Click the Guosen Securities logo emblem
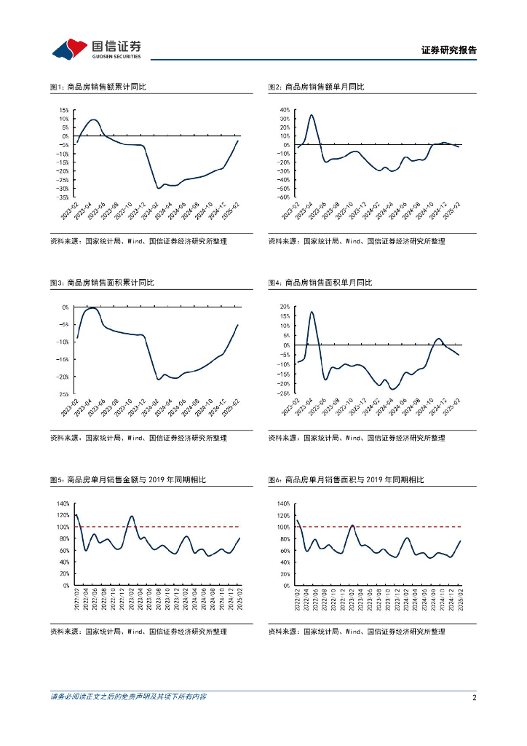click(x=71, y=49)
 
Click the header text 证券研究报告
click(x=449, y=50)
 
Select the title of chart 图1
click(x=98, y=87)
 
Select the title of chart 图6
click(x=346, y=480)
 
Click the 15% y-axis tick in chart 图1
click(x=64, y=110)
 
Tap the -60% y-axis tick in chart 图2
click(x=282, y=197)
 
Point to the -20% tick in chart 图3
click(x=63, y=377)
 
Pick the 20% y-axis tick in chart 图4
click(x=283, y=307)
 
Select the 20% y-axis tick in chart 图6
click(x=283, y=573)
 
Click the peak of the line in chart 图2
click(x=312, y=114)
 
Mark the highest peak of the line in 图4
click(x=312, y=312)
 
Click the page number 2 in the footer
click(x=474, y=697)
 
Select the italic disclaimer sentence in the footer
click(x=128, y=697)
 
